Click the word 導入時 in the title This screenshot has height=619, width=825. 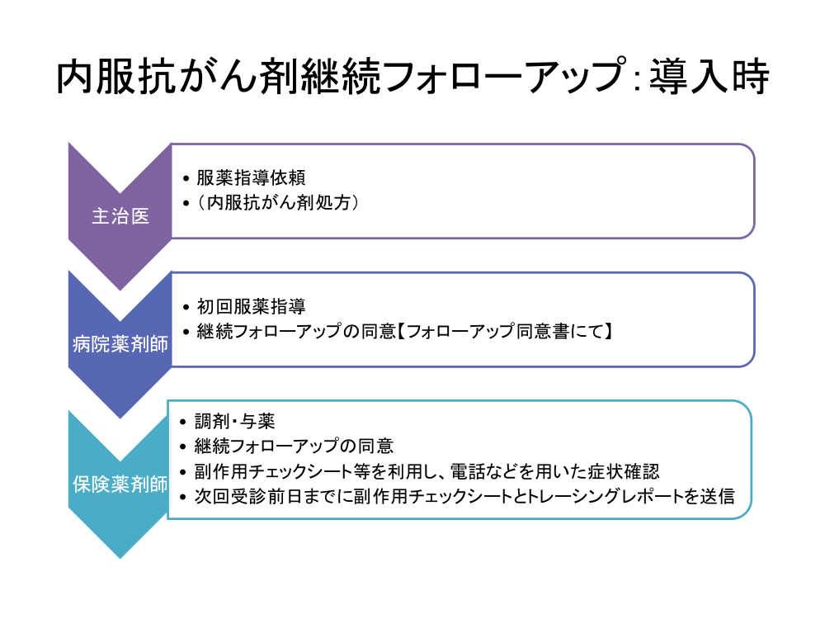pos(709,77)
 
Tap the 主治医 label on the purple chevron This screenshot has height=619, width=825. pos(120,215)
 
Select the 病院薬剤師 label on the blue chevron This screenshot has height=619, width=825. pos(120,344)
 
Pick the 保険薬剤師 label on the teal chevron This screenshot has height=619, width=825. pos(120,484)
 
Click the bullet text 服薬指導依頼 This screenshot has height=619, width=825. pos(251,177)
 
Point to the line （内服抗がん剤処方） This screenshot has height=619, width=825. pos(278,202)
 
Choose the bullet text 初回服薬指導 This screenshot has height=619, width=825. pos(251,306)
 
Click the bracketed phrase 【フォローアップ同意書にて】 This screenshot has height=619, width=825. pos(505,331)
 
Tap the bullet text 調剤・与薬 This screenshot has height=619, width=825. pos(234,421)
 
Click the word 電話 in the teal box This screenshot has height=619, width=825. pos(468,471)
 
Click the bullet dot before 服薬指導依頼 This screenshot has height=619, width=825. pos(186,178)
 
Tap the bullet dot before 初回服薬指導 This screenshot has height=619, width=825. pos(186,307)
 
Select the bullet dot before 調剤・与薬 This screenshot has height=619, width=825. pos(183,422)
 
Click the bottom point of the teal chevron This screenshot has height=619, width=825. pos(120,558)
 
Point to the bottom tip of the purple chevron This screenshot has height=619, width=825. pos(120,290)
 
